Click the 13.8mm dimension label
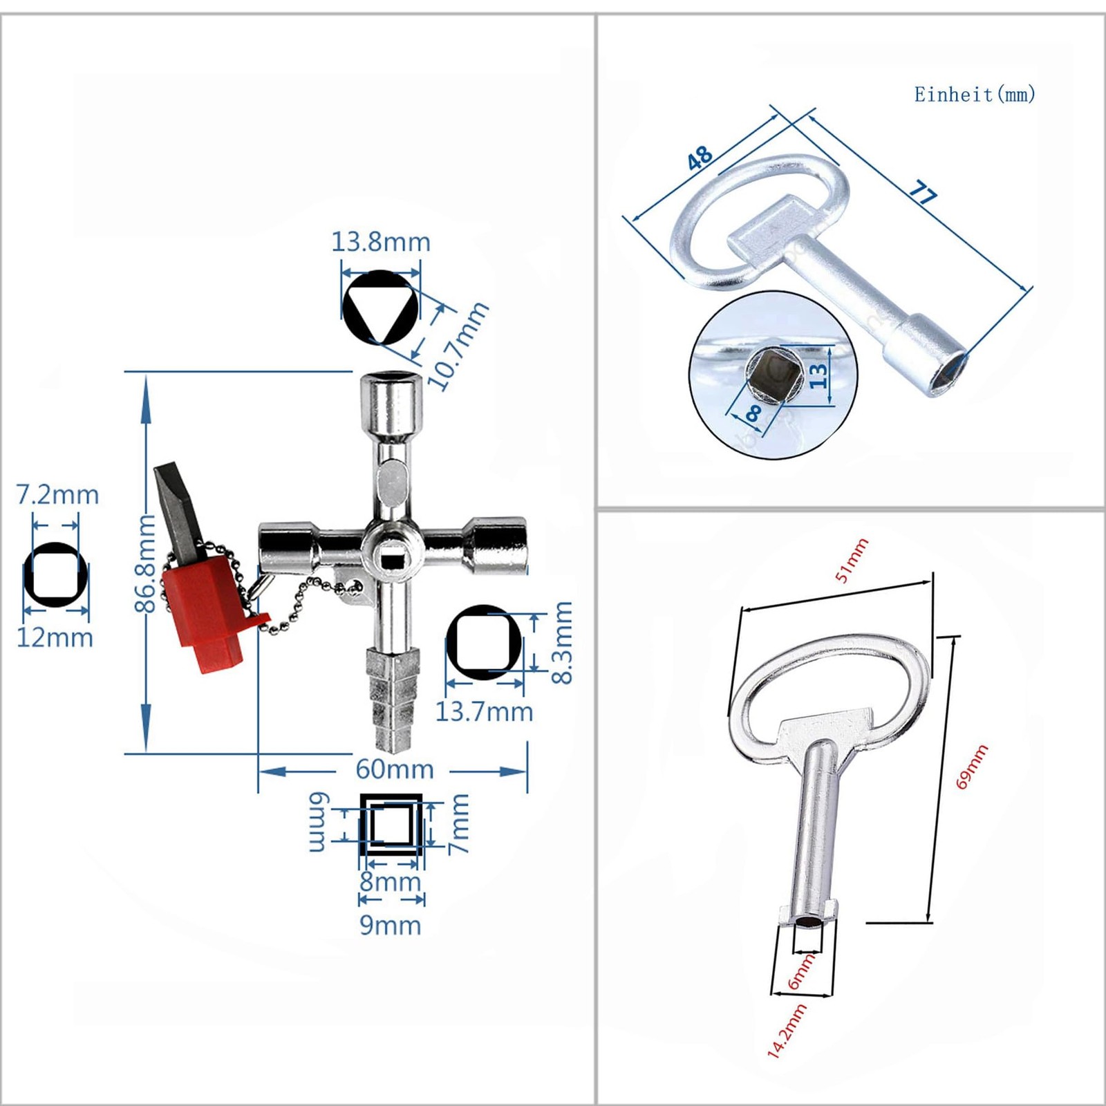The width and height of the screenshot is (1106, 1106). point(381,242)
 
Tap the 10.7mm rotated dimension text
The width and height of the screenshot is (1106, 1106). point(458,346)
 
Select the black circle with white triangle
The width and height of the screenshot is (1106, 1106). point(380,306)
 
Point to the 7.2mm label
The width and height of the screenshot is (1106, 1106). point(57,495)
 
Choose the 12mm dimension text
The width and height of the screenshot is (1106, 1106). point(55,637)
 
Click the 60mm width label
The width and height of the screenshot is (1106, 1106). point(394,769)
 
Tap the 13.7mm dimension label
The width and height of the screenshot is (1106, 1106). point(484,711)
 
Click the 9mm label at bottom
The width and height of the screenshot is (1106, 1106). point(390,925)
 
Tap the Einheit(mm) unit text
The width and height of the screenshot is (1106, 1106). point(975,94)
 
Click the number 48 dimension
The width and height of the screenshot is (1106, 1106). point(700,158)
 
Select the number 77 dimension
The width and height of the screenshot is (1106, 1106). point(923,192)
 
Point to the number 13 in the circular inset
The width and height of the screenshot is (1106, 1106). point(818,375)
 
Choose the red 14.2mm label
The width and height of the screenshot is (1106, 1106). point(787,1031)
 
